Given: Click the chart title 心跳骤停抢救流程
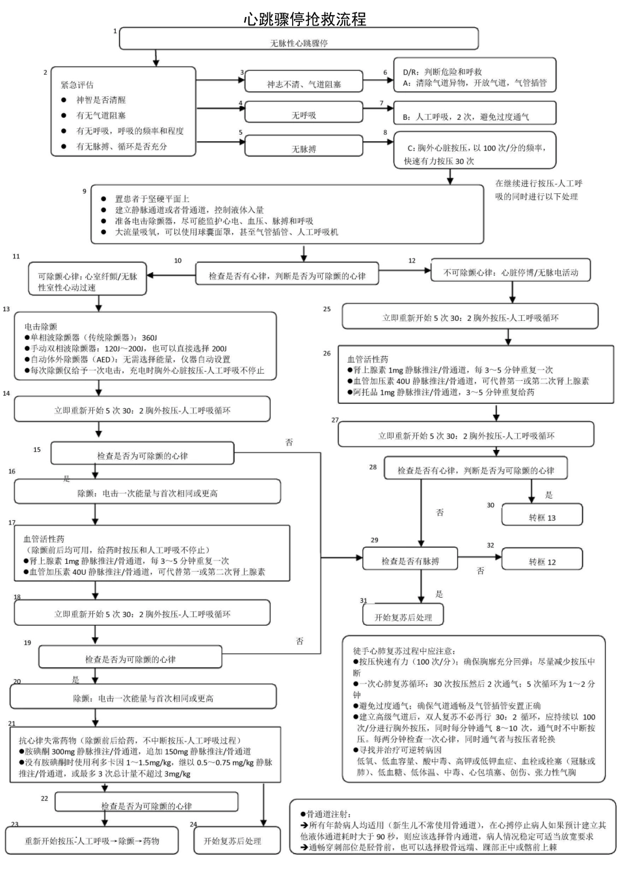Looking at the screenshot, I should pyautogui.click(x=305, y=19).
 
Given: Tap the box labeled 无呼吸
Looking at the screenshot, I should pyautogui.click(x=304, y=115).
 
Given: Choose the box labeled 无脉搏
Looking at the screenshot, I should pyautogui.click(x=304, y=148).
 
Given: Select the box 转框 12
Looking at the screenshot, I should pyautogui.click(x=542, y=560).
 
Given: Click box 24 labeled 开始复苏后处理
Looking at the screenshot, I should pyautogui.click(x=232, y=840).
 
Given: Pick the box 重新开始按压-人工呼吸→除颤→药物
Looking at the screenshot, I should pyautogui.click(x=92, y=840).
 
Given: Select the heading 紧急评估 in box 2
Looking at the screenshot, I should pyautogui.click(x=77, y=85).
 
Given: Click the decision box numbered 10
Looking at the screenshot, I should pyautogui.click(x=287, y=275).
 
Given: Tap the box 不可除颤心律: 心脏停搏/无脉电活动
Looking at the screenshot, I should pyautogui.click(x=511, y=272).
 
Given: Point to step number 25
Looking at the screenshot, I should pyautogui.click(x=327, y=309).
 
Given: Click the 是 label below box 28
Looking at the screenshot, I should pyautogui.click(x=548, y=495).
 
